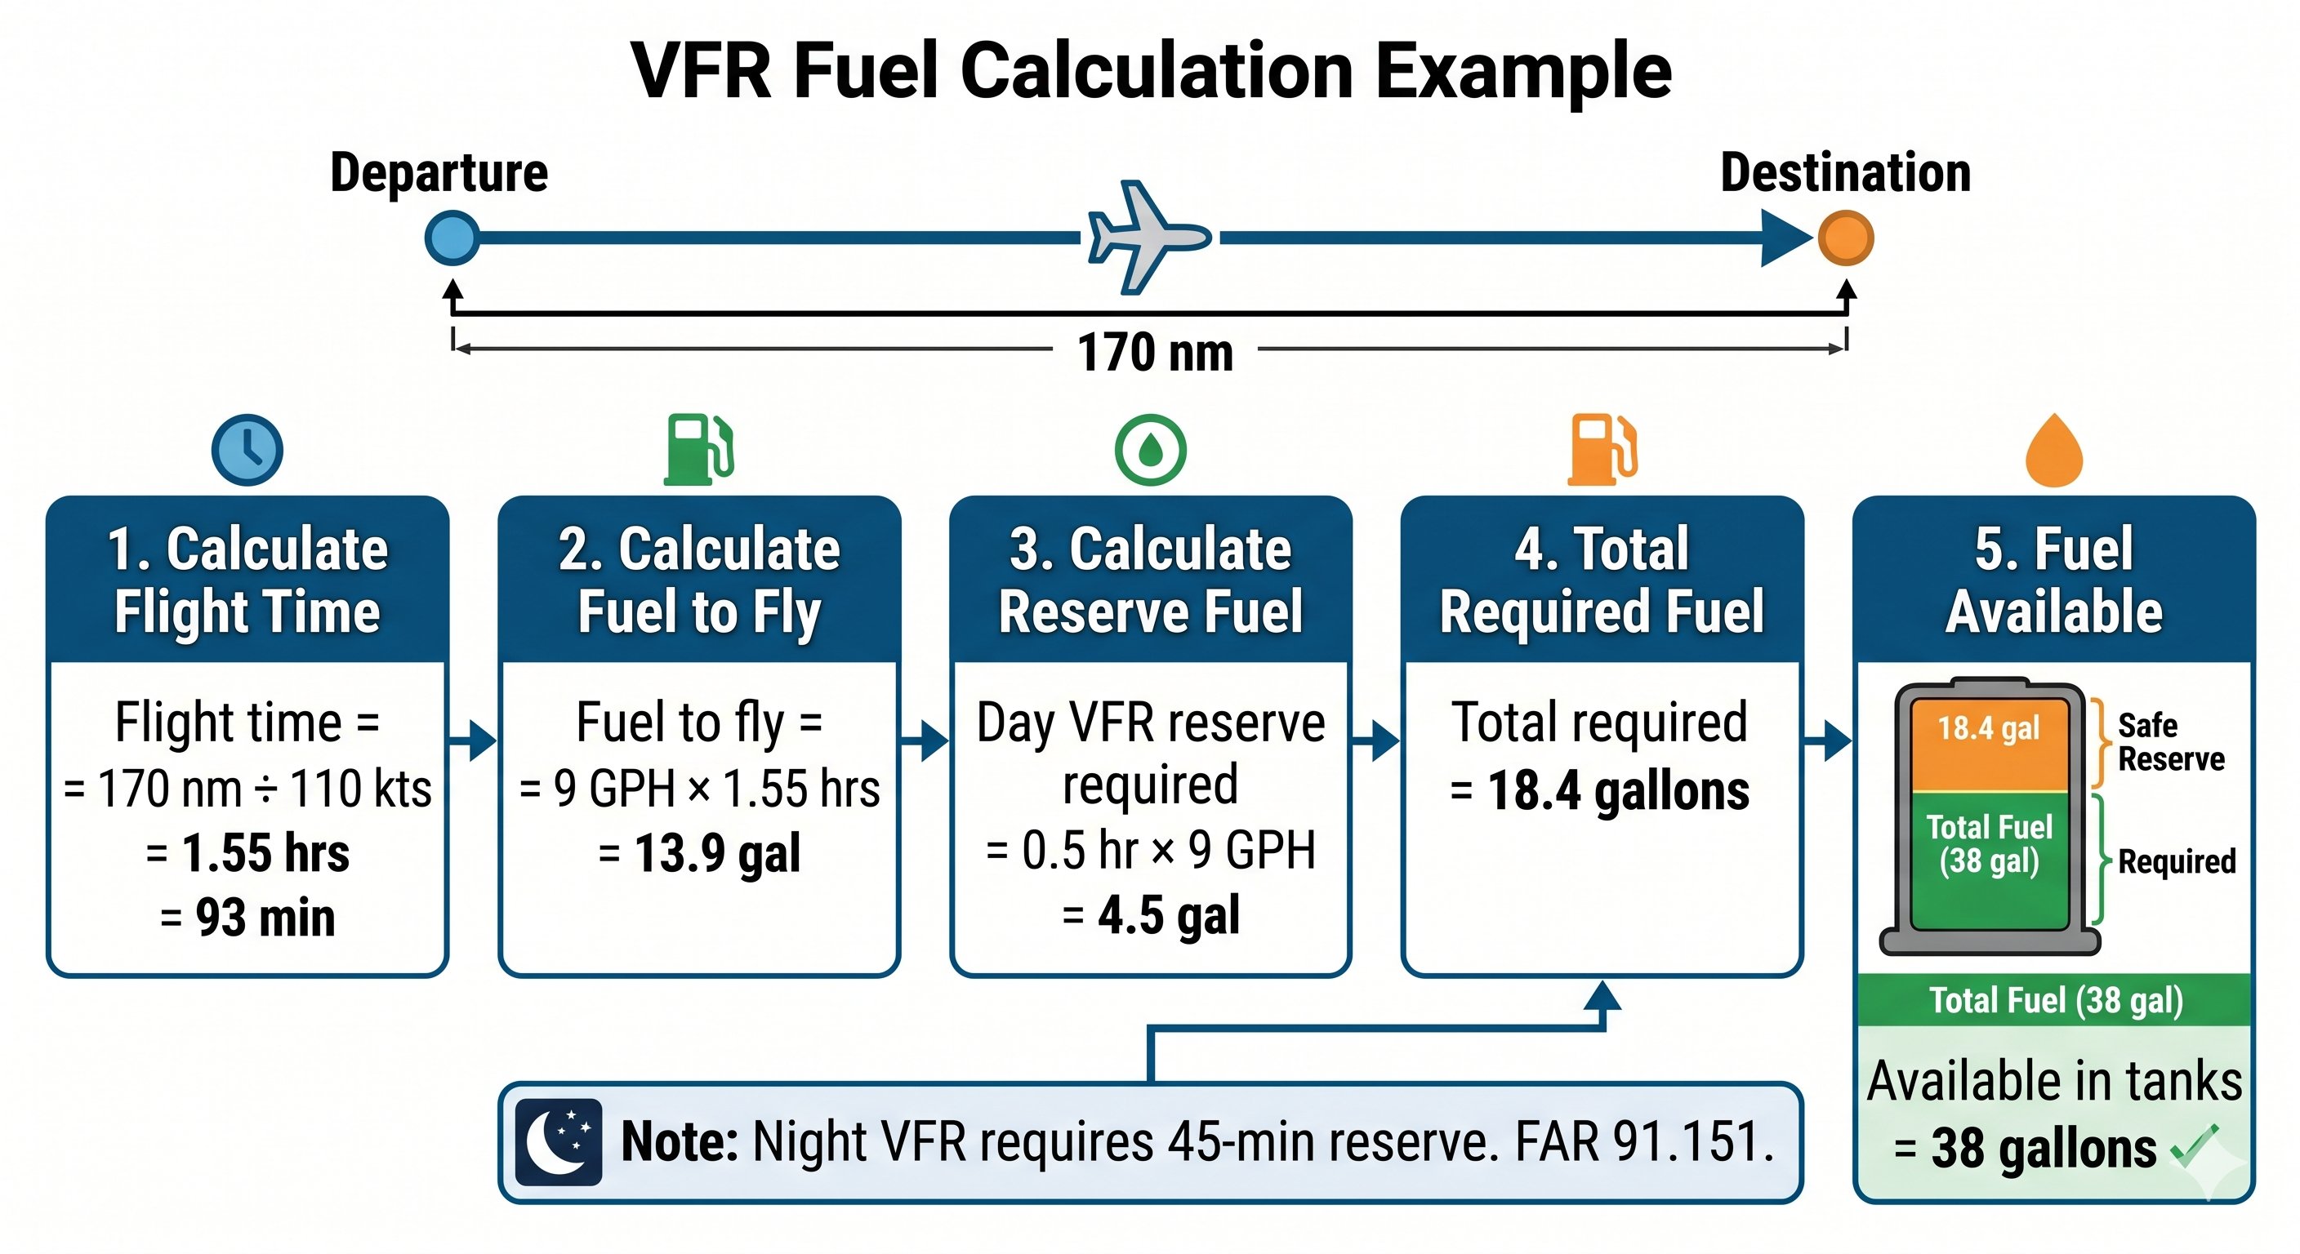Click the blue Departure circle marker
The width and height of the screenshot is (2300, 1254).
tap(452, 238)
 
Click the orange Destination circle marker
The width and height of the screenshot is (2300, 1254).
tap(1846, 238)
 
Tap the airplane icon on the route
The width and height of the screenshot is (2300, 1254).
tap(1148, 238)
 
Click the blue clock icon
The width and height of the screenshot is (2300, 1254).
tap(247, 450)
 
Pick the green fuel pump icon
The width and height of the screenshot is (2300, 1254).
tap(699, 449)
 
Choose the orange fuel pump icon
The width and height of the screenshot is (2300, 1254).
tap(1602, 449)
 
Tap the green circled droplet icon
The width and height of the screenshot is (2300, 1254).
tap(1150, 450)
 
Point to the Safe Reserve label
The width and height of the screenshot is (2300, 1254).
tap(2169, 743)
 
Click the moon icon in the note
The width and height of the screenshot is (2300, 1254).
tap(559, 1141)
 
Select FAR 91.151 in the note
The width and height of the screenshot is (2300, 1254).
tap(1644, 1141)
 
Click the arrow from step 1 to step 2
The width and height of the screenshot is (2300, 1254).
tap(472, 740)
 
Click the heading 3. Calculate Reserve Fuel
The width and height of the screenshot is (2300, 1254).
tap(1150, 580)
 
